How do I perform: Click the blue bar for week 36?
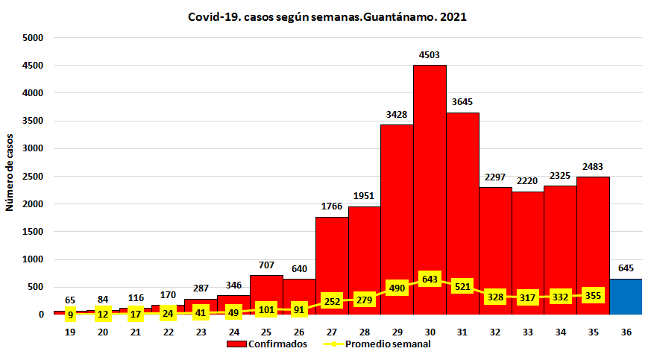626,297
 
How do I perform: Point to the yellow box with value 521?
462,286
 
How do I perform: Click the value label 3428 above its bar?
397,114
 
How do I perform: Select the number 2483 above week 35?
593,166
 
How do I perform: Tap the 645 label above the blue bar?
626,268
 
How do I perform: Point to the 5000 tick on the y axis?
34,38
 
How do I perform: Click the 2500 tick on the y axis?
34,177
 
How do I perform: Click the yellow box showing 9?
70,315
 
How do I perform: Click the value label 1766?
332,206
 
